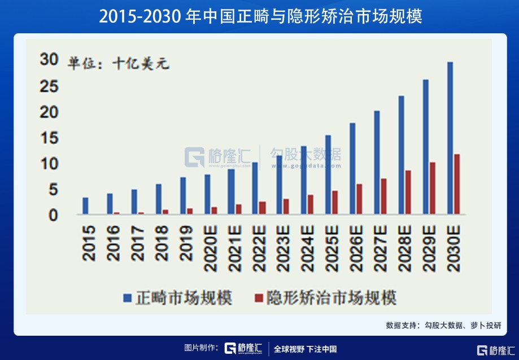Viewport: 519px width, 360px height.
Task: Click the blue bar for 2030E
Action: (x=450, y=138)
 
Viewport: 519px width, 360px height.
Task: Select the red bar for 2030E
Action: (x=457, y=185)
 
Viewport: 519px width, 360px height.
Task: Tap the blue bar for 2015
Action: (x=85, y=206)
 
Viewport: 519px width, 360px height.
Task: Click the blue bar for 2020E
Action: (x=207, y=195)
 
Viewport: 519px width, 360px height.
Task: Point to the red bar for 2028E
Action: (x=408, y=192)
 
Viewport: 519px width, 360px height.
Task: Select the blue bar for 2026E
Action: (x=352, y=169)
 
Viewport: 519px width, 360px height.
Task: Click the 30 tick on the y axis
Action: (x=49, y=60)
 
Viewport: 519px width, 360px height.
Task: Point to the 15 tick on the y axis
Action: (x=49, y=138)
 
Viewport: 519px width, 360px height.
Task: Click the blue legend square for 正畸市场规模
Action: (x=128, y=297)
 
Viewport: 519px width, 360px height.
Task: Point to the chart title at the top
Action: (x=260, y=16)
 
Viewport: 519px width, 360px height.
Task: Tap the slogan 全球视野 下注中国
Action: (x=305, y=349)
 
